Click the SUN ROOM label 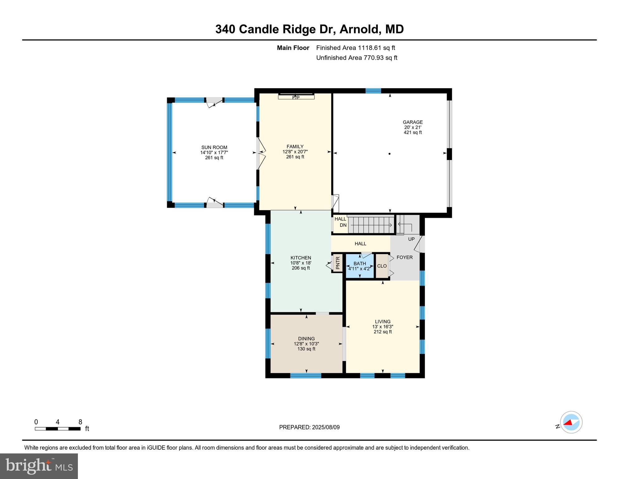(x=214, y=148)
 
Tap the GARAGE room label (x=412, y=122)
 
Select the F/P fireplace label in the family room (x=296, y=98)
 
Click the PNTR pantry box (x=337, y=263)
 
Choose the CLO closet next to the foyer (x=382, y=266)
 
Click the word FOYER (x=404, y=257)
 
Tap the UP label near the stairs (x=411, y=239)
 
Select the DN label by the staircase (x=343, y=225)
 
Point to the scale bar (x=58, y=429)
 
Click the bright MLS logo (x=39, y=466)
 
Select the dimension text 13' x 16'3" (x=383, y=327)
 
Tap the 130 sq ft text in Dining (x=306, y=349)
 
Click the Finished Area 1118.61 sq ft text (x=355, y=48)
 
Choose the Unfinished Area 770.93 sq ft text (x=357, y=58)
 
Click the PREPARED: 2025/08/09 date (x=309, y=427)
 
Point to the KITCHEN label (x=301, y=258)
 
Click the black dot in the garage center (x=389, y=154)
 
